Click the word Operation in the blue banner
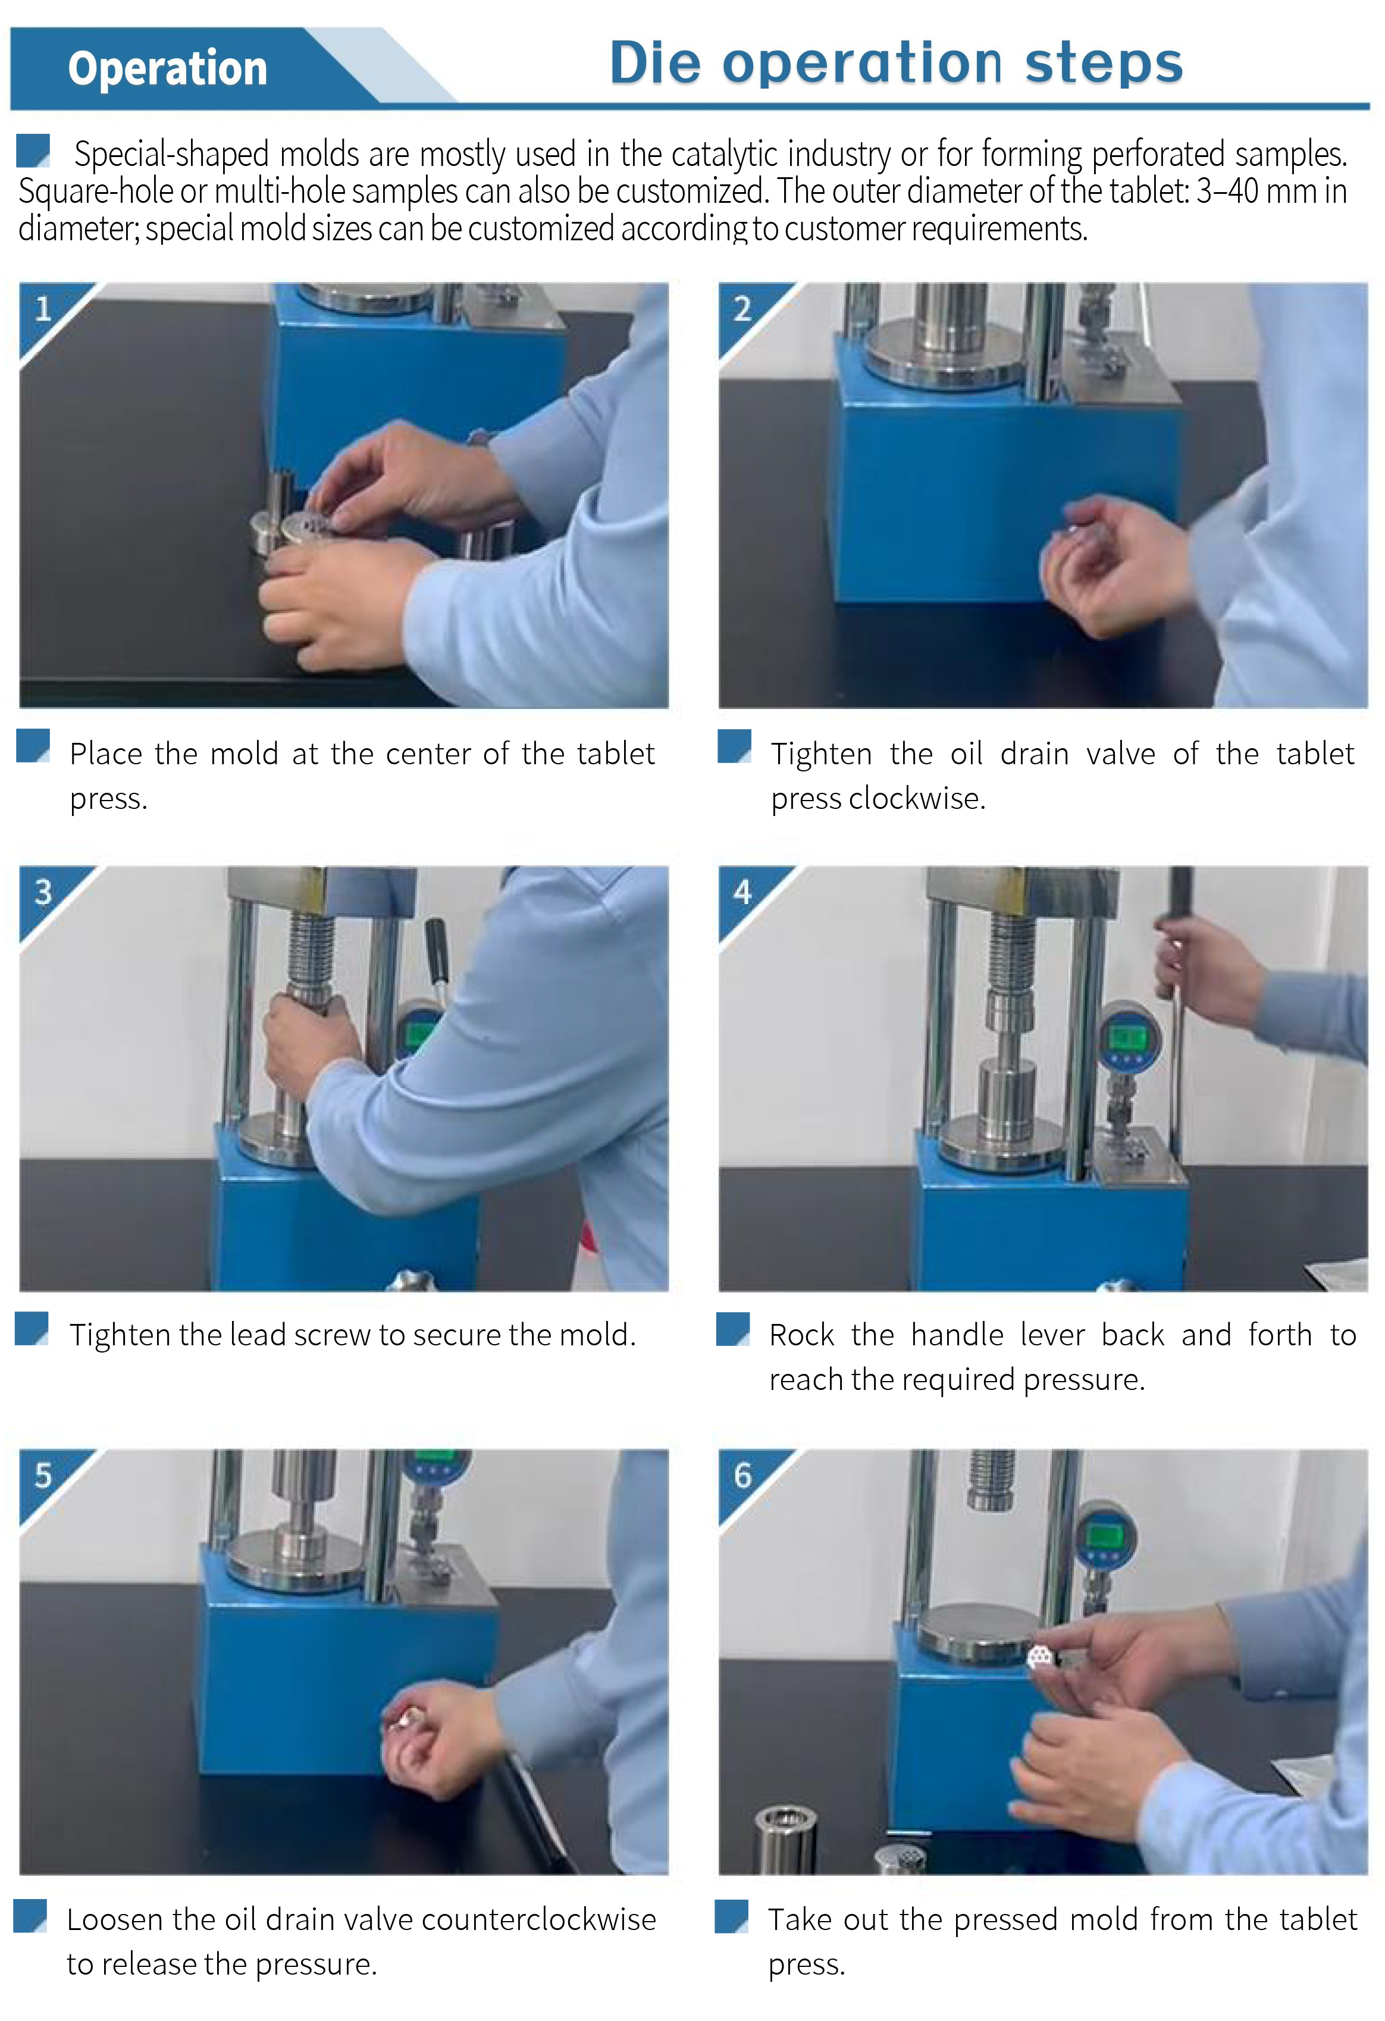[167, 70]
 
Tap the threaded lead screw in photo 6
[991, 1479]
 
